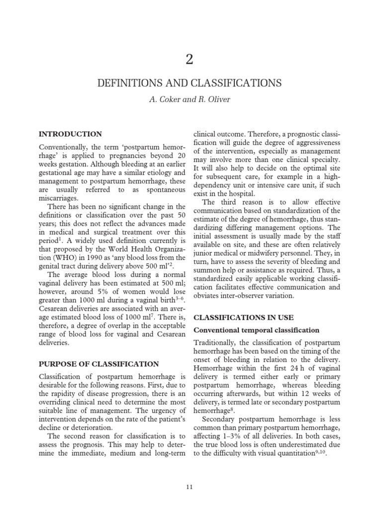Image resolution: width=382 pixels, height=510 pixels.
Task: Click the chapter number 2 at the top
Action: click(x=190, y=59)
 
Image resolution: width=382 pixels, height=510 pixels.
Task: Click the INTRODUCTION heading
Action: click(x=70, y=134)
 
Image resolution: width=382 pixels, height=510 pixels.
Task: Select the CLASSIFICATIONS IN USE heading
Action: click(x=243, y=317)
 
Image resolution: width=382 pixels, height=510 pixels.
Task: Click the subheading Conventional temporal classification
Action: click(x=256, y=330)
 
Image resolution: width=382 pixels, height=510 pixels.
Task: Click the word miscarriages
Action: click(x=58, y=198)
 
